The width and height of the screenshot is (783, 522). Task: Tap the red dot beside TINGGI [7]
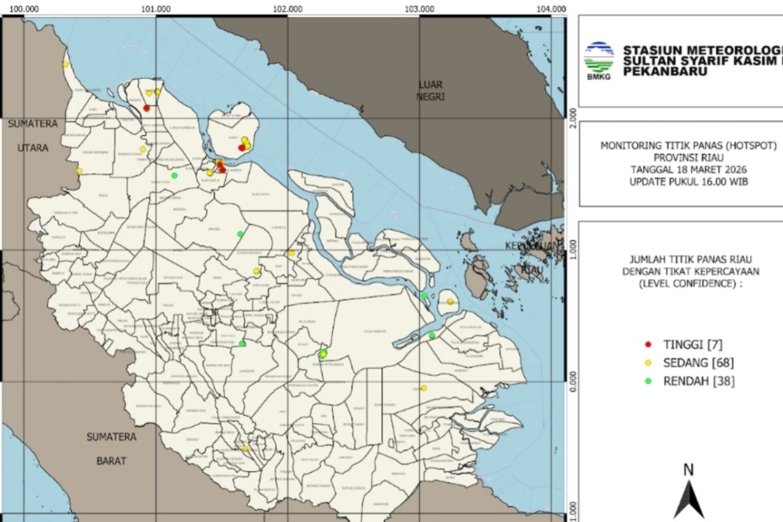tap(648, 344)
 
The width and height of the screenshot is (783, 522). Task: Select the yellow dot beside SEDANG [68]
tap(648, 362)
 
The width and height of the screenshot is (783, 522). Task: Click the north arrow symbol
tap(688, 499)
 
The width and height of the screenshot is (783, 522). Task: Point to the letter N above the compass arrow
tap(688, 469)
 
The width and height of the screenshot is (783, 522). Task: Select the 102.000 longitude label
tap(288, 8)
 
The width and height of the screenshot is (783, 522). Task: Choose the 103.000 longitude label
tap(420, 8)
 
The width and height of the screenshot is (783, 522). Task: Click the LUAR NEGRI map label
tap(431, 91)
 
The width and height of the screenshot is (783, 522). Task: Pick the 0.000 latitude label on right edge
tap(573, 380)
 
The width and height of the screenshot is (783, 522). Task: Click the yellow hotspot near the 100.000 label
tap(65, 64)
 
